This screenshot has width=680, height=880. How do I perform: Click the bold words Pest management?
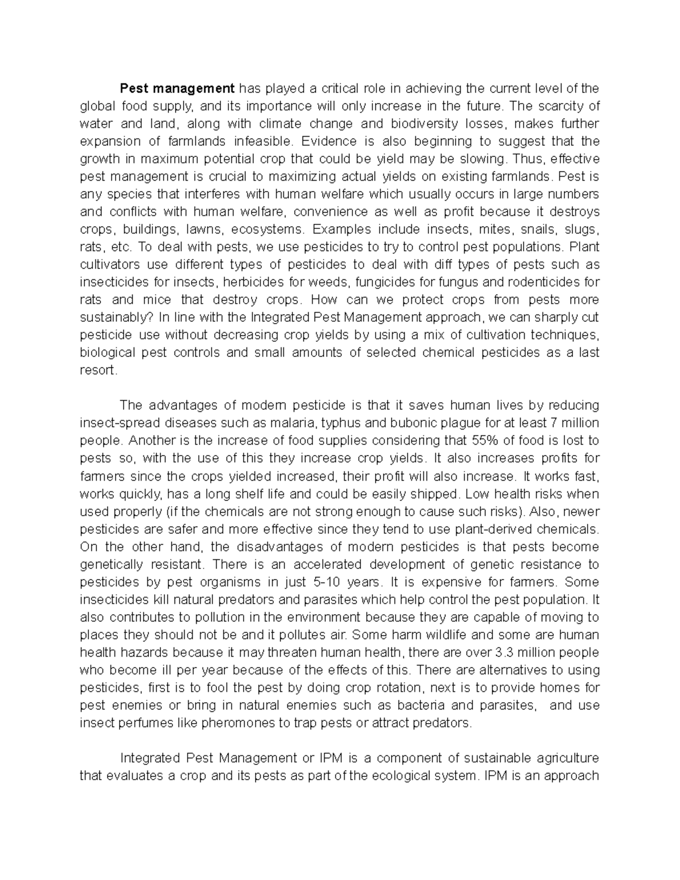(176, 88)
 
